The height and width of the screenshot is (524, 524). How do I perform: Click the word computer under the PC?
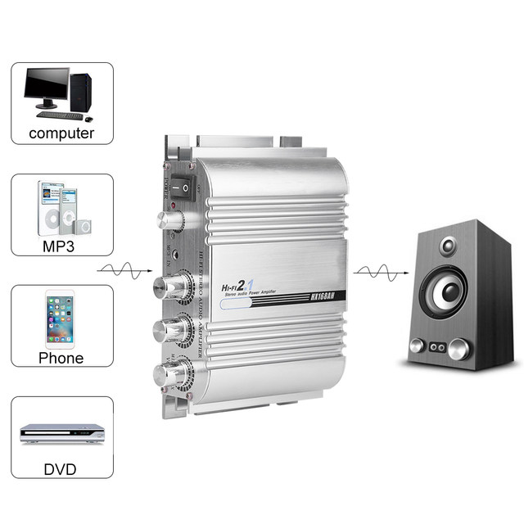(61, 133)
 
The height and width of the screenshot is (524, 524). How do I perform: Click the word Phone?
(61, 357)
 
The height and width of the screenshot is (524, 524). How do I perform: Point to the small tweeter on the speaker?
(448, 246)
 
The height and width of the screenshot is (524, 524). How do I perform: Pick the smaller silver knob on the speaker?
(416, 346)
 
